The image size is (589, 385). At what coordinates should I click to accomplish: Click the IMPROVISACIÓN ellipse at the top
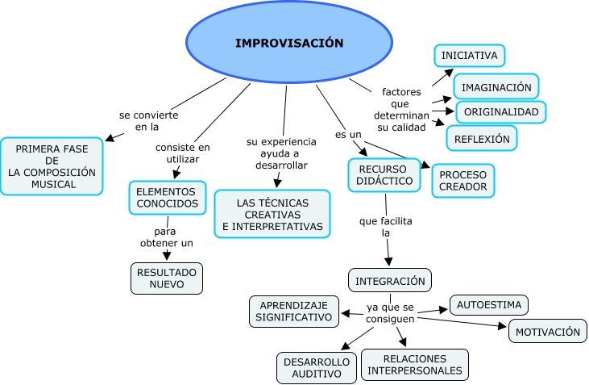[289, 43]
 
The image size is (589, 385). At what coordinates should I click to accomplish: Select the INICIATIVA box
[470, 55]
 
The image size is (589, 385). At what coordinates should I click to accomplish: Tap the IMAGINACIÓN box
[496, 86]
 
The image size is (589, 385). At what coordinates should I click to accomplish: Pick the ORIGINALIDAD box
[500, 111]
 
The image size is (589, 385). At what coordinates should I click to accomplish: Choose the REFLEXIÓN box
[482, 138]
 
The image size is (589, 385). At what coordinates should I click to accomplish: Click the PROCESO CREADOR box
[462, 181]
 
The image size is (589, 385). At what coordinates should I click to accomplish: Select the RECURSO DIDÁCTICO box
[384, 175]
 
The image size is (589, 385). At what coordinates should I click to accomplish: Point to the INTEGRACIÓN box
[390, 281]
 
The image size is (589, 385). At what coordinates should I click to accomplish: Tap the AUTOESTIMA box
[488, 305]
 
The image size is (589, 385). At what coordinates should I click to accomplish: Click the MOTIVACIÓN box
[547, 331]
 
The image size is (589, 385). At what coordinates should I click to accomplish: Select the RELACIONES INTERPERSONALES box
[414, 365]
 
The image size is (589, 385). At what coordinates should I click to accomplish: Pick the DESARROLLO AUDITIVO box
[316, 367]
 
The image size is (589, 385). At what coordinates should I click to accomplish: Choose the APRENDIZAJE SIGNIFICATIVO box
[293, 312]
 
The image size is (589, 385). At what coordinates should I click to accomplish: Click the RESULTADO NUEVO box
[166, 278]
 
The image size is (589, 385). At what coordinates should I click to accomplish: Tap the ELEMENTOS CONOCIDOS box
[166, 198]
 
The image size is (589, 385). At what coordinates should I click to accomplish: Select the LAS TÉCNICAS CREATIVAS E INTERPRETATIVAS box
[272, 214]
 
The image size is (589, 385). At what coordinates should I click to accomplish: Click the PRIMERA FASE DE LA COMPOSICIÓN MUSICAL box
[52, 166]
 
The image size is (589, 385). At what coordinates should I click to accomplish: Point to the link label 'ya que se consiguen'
[390, 313]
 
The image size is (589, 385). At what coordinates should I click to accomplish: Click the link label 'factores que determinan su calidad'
[401, 109]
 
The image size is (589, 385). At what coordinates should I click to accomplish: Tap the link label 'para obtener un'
[165, 237]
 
